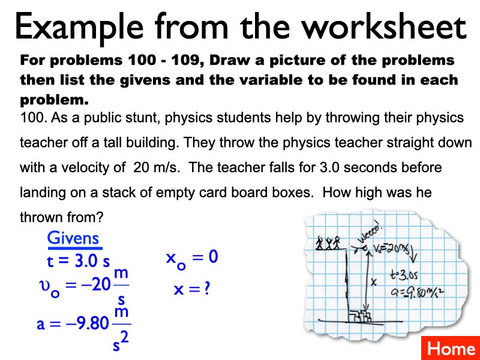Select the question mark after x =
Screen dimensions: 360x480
pyautogui.click(x=206, y=289)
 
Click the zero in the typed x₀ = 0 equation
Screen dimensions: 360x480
pyautogui.click(x=212, y=257)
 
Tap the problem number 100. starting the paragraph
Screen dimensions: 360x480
pyautogui.click(x=33, y=118)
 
